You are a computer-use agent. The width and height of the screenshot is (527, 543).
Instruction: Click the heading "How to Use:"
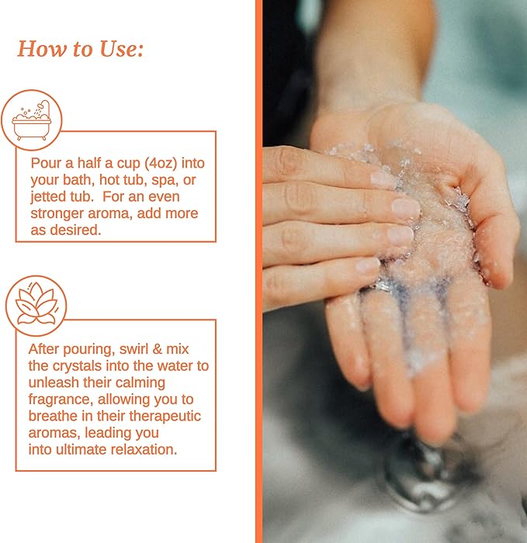click(81, 49)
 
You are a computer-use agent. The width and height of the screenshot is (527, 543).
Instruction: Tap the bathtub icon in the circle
click(32, 120)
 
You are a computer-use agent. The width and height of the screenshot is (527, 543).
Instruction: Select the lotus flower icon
click(36, 305)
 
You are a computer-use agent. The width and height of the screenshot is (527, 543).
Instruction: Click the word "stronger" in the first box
click(57, 213)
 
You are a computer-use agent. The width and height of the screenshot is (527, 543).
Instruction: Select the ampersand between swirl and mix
click(158, 349)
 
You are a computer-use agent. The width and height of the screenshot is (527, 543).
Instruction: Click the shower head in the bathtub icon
click(44, 105)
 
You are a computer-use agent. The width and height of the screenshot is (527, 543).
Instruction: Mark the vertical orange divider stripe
click(258, 271)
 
